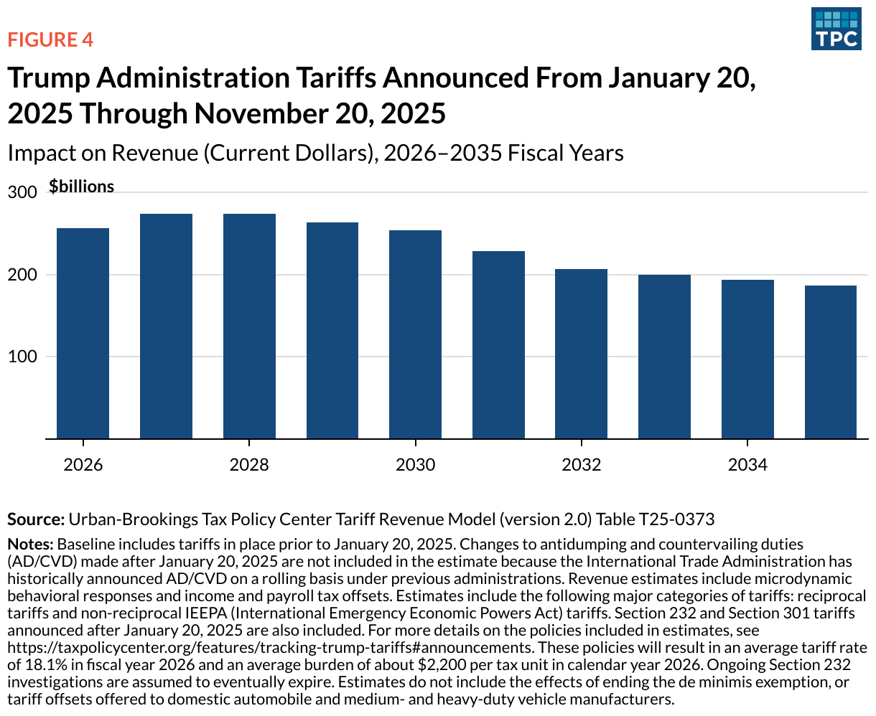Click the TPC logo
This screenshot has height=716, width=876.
point(836,29)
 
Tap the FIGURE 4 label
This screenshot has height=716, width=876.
point(50,39)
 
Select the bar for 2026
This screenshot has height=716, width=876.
point(83,333)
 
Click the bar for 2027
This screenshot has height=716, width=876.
point(166,326)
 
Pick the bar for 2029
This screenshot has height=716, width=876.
point(332,330)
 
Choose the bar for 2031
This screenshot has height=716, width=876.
point(498,344)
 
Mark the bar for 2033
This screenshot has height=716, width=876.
point(664,356)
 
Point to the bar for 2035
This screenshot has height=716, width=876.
point(831,362)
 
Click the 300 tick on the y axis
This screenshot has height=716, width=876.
point(22,193)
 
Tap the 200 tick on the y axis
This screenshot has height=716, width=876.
point(22,275)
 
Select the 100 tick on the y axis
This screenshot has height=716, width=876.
point(22,357)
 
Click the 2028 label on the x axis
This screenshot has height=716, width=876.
point(249,465)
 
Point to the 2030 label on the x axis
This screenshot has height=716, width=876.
point(415,465)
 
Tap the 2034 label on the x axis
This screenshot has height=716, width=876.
point(747,465)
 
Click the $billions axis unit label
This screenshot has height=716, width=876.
point(81,187)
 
